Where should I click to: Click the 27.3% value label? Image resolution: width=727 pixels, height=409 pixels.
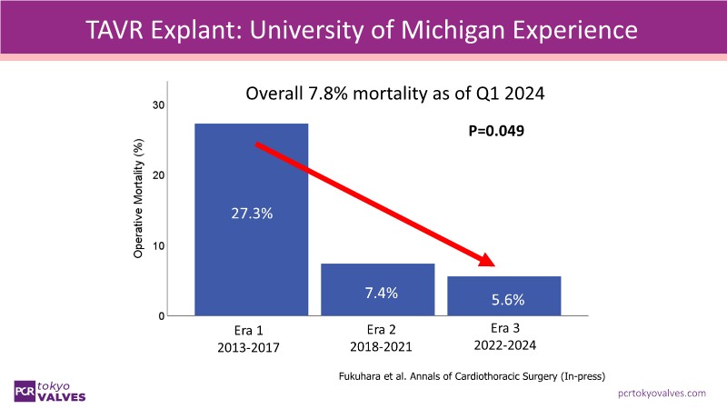point(250,214)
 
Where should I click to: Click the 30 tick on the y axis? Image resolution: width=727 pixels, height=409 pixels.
point(158,105)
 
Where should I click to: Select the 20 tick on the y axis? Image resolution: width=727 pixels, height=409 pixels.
point(158,175)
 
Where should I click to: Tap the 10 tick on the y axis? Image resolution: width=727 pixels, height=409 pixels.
point(158,245)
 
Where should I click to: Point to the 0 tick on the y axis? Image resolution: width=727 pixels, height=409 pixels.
point(161,315)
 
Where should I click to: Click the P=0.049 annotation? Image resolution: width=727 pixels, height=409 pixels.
point(495,131)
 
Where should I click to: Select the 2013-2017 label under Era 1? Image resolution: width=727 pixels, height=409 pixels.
point(248,347)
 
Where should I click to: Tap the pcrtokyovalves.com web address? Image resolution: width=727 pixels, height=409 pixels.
point(662,392)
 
